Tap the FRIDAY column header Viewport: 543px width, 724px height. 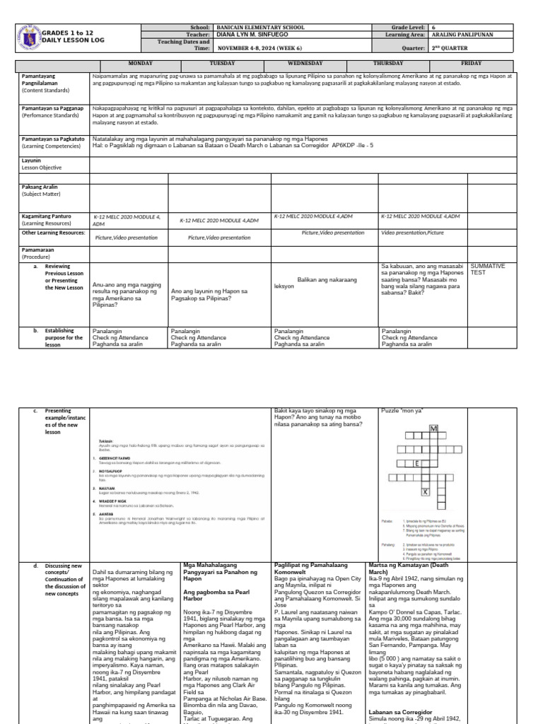(471, 63)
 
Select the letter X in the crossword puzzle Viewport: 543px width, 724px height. (424, 491)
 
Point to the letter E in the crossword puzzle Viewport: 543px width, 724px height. (418, 464)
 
